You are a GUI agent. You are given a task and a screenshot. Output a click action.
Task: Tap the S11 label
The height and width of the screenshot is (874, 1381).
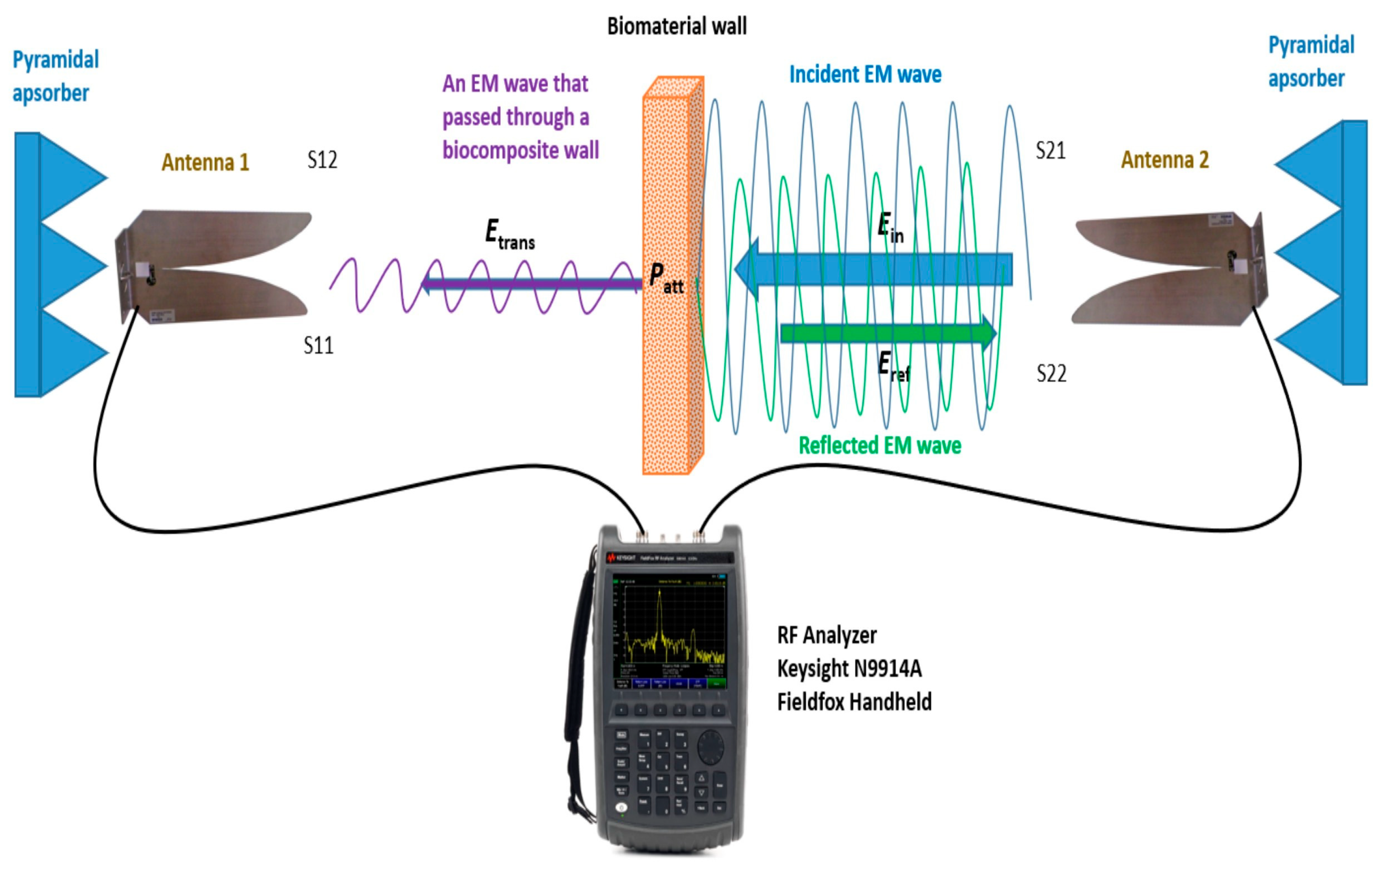pos(318,345)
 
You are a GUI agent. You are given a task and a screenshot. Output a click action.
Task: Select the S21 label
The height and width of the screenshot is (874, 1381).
pos(1051,150)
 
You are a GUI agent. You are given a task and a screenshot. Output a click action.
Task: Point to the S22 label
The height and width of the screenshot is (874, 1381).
pos(1051,373)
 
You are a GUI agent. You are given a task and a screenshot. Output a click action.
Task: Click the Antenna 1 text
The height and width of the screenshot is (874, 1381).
pos(205,162)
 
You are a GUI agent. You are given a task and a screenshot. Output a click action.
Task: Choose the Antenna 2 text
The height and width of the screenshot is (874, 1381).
pos(1165,159)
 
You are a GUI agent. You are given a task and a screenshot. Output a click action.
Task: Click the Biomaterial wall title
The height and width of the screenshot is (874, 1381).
pos(677,26)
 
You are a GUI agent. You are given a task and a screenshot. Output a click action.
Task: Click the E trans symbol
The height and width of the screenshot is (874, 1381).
pos(509,235)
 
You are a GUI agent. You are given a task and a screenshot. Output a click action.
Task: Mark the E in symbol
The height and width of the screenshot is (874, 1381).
pos(890,227)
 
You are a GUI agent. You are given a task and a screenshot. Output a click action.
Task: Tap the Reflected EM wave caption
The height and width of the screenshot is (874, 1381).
pos(880,445)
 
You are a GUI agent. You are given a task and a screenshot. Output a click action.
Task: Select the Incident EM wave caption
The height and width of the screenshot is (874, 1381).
pos(865,75)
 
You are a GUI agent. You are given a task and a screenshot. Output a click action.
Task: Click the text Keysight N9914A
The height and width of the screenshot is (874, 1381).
pos(849,669)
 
